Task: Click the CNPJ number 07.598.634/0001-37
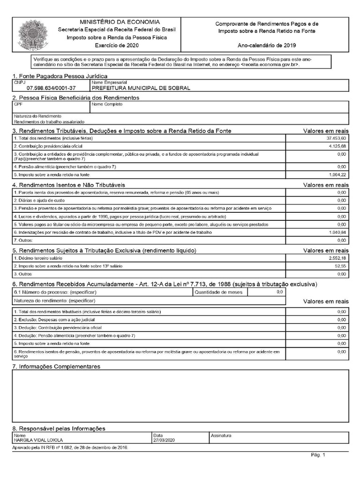(51, 88)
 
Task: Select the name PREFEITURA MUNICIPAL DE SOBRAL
(141, 88)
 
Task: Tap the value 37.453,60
(337, 138)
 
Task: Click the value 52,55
(341, 266)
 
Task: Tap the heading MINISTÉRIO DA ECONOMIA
(120, 22)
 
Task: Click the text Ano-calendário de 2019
(266, 45)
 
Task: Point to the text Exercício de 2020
(120, 45)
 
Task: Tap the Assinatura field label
(221, 435)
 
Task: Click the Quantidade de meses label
(219, 292)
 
